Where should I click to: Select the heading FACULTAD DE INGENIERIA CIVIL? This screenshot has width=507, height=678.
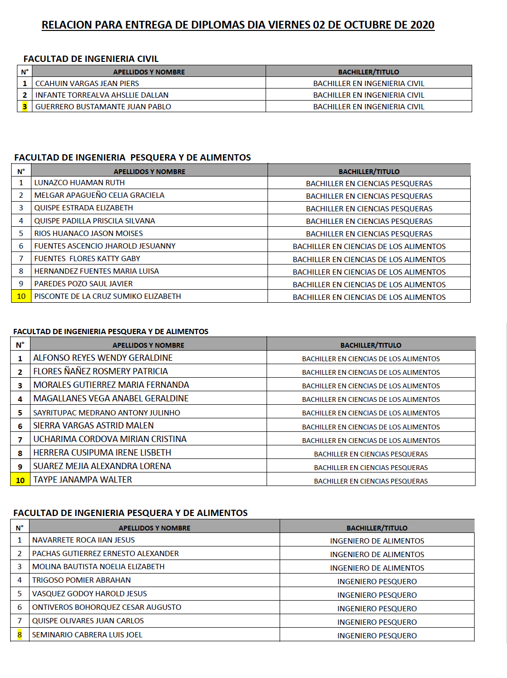[91, 59]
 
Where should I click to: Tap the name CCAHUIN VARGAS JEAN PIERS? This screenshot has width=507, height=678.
[87, 84]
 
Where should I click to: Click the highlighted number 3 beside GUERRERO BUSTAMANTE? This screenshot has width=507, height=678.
[25, 107]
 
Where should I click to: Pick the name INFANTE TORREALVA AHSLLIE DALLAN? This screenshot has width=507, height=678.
[102, 95]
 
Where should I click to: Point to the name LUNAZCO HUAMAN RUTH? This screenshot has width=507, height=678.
[79, 183]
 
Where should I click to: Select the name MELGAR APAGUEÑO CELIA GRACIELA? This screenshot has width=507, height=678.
[99, 195]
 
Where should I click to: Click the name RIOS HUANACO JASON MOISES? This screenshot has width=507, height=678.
[89, 234]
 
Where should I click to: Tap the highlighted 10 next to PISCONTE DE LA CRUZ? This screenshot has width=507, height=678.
[21, 296]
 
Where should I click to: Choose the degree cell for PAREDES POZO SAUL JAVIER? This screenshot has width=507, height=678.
[369, 284]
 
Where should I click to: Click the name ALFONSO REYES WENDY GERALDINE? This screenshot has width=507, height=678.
[103, 358]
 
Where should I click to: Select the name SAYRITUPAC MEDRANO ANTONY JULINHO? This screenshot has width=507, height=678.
[106, 413]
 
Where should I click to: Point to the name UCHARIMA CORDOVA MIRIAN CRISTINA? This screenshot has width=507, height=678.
[110, 439]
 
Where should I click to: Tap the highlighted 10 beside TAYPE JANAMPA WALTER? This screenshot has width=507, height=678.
[20, 480]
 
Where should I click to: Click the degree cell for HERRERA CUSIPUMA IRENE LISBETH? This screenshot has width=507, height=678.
[371, 454]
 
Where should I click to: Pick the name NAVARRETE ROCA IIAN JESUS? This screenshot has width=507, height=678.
[83, 540]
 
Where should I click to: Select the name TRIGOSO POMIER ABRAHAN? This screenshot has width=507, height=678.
[81, 580]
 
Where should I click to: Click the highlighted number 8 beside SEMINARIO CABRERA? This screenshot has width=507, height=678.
[20, 635]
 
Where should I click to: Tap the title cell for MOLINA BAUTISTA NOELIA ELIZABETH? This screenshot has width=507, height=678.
[377, 568]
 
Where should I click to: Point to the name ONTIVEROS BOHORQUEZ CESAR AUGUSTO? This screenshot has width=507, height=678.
[106, 607]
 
